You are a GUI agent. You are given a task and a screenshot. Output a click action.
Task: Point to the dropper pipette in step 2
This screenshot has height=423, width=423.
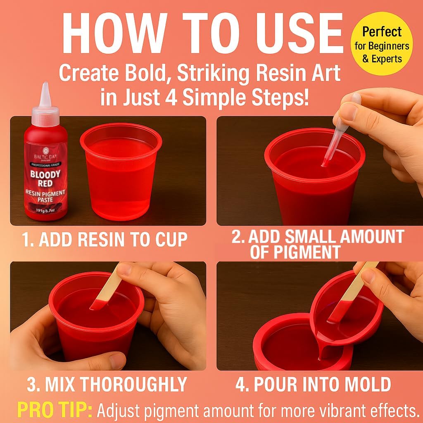[x=339, y=132]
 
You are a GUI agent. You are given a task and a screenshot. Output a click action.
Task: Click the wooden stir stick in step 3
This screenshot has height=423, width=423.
[x=108, y=289]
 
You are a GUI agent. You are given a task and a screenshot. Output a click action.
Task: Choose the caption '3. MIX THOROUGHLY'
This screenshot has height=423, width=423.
[x=107, y=385]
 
